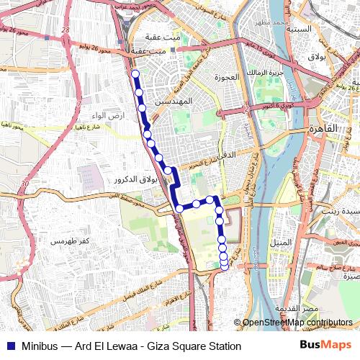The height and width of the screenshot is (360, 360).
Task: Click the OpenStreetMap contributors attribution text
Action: click(297, 323)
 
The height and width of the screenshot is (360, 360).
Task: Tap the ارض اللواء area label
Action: click(108, 116)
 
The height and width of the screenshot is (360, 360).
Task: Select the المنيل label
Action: click(283, 242)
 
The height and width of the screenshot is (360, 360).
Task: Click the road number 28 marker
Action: click(66, 30)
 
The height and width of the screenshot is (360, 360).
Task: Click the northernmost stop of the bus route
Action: click(135, 73)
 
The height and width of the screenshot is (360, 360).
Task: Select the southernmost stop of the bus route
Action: click(224, 267)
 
